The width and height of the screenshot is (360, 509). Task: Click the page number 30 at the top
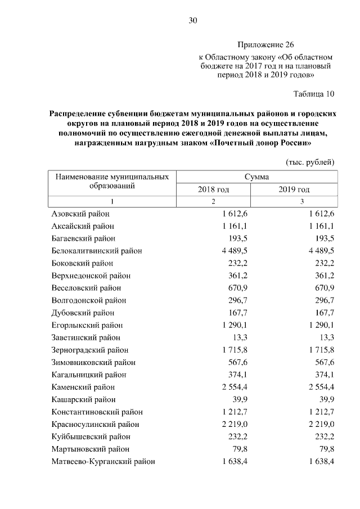[x=192, y=21]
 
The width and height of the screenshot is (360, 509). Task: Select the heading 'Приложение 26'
[x=265, y=44]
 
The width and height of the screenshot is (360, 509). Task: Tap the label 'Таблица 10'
[x=314, y=93]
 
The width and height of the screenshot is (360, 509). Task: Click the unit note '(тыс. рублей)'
[x=310, y=162]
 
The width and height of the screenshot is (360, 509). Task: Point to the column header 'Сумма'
[x=256, y=177]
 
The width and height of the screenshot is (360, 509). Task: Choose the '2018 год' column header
[x=213, y=190]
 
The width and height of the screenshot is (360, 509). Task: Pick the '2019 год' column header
[x=294, y=190]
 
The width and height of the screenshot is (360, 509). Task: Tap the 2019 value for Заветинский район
[x=326, y=337]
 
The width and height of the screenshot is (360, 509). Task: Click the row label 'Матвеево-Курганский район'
[x=103, y=461]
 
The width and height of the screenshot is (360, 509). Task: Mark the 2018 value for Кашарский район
[x=237, y=399]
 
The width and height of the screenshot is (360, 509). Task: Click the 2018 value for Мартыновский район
[x=237, y=449]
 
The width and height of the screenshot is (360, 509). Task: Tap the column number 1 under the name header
[x=112, y=201]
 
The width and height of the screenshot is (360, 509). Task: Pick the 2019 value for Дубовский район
[x=323, y=313]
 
